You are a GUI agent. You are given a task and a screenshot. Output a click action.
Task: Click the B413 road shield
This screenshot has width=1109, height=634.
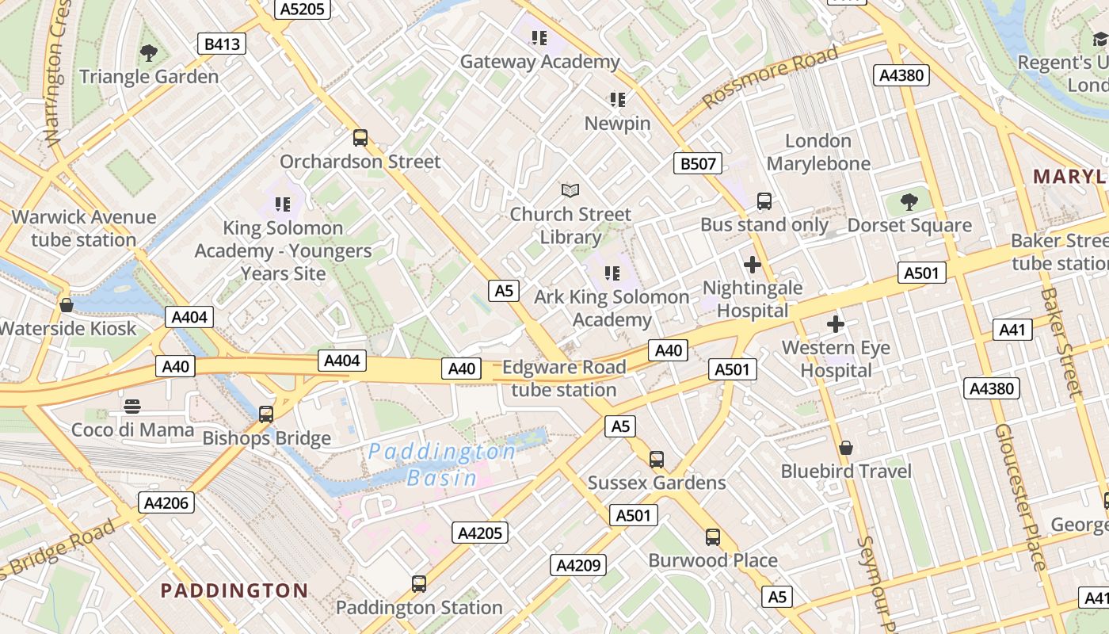(222, 44)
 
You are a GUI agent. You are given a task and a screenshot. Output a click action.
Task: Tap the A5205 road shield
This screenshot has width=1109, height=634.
(302, 9)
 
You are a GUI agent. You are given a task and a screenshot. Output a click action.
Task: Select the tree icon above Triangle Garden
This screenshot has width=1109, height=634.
(148, 53)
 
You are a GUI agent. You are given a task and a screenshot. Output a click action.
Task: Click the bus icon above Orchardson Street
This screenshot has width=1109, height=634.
(360, 138)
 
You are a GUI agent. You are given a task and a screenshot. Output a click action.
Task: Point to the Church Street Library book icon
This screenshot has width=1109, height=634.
(570, 190)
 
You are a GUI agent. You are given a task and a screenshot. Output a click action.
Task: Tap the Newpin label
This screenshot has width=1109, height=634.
(617, 124)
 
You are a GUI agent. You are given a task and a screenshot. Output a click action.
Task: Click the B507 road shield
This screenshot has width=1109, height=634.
(698, 164)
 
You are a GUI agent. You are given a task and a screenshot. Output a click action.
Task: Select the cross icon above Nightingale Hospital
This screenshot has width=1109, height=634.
(753, 265)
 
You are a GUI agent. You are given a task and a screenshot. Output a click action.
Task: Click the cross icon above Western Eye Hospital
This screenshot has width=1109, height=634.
(836, 324)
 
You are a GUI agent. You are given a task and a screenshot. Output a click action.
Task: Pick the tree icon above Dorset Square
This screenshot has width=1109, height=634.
(909, 202)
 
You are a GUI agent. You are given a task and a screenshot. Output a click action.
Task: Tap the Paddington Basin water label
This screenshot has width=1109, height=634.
(441, 464)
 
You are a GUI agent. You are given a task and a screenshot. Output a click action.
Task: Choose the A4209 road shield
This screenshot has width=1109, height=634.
(578, 565)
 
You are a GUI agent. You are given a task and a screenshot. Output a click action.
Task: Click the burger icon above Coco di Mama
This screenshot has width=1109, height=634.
(132, 407)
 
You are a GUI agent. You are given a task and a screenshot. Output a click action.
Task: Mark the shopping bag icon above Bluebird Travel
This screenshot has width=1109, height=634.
(846, 448)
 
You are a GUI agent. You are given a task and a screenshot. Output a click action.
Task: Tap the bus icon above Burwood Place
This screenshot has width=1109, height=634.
(713, 537)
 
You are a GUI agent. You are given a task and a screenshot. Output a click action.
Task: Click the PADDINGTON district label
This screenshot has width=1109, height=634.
(234, 590)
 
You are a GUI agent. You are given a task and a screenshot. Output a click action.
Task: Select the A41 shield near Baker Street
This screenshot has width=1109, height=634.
(1012, 330)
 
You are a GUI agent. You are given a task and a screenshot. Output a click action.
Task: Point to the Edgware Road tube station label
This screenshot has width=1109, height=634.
(564, 378)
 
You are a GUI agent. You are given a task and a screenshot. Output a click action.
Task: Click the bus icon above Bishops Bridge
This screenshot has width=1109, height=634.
(266, 414)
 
